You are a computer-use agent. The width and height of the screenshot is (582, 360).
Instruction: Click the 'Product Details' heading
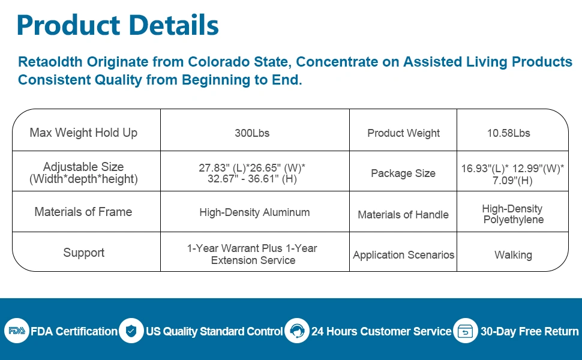[118, 25]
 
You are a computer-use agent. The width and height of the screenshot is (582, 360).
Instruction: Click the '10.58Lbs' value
[509, 133]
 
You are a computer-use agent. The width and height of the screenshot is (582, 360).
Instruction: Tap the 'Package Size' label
[403, 173]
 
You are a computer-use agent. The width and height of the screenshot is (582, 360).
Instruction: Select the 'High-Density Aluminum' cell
[254, 212]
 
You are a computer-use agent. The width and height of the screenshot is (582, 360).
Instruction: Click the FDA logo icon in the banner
[16, 331]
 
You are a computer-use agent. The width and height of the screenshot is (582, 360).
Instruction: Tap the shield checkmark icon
[131, 331]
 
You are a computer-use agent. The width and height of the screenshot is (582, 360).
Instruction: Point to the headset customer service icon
[296, 331]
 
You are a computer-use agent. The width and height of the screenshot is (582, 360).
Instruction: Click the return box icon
[465, 331]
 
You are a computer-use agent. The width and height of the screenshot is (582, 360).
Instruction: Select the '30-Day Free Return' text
[529, 331]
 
